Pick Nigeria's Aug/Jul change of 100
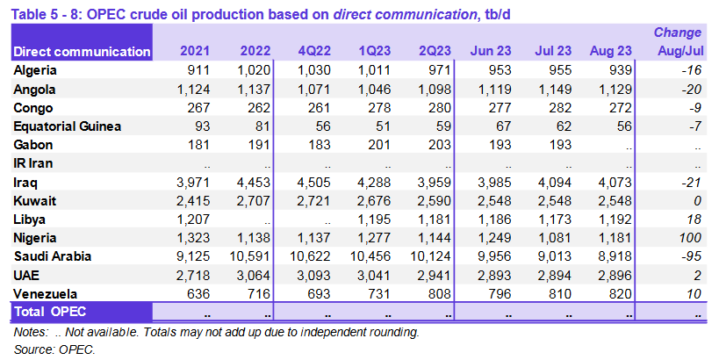click(689, 237)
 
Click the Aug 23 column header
click(613, 52)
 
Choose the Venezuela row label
click(47, 293)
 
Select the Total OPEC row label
click(50, 312)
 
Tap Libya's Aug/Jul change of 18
click(694, 219)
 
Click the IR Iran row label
click(36, 163)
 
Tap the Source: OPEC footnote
click(54, 349)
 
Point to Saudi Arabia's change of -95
click(691, 256)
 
